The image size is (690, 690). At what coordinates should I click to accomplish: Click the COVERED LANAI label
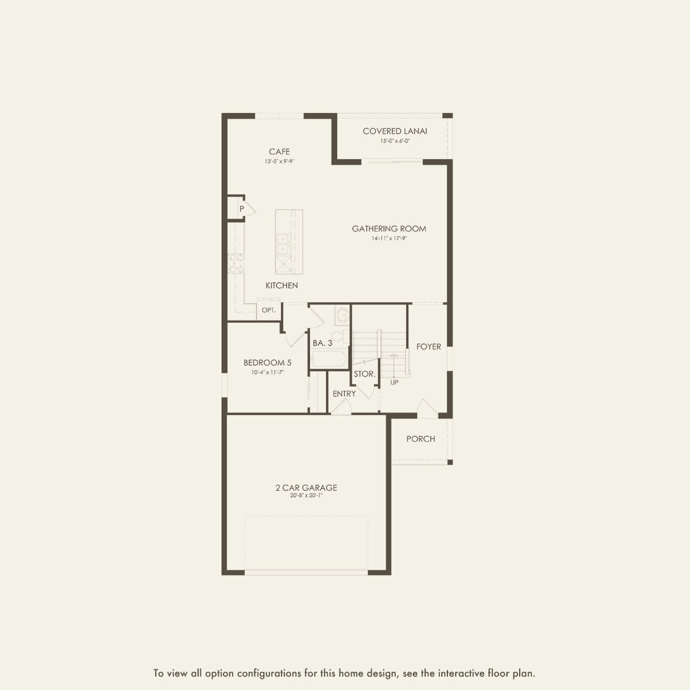coord(395,131)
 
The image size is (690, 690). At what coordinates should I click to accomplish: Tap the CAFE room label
coord(279,152)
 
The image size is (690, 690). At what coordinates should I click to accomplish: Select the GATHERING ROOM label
coord(389,229)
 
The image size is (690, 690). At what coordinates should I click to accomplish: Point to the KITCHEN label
coord(282,285)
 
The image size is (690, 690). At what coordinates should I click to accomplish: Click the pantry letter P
coord(242,209)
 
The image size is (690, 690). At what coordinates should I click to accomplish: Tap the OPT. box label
coord(269,310)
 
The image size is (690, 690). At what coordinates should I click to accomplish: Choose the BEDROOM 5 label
coord(268,363)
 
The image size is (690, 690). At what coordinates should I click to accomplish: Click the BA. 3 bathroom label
coord(322,343)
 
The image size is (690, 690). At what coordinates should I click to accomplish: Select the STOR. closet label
coord(364,374)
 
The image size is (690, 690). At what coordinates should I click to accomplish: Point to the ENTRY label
coord(344,394)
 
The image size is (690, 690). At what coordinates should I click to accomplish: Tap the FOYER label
coord(428,347)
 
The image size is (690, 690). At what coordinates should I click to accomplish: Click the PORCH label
coord(421,439)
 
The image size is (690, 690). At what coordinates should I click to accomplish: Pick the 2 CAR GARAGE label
coord(307,487)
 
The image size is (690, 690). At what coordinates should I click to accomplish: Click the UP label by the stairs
coord(394,382)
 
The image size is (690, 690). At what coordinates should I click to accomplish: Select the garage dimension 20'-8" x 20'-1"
coord(307,496)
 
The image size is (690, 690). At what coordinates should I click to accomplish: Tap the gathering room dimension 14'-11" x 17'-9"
coord(389,238)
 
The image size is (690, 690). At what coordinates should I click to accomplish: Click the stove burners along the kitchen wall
coord(236,263)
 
